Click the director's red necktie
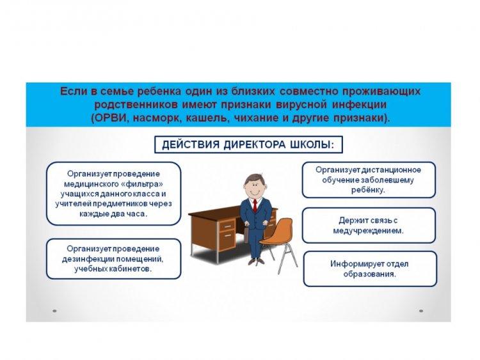click(255, 205)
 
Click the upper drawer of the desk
click(227, 226)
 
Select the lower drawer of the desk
click(227, 240)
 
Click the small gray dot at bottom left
click(55, 311)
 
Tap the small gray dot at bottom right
click(421, 311)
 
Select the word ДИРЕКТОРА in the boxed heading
click(254, 145)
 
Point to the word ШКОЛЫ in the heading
click(311, 145)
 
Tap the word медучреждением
click(368, 231)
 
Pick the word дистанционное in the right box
click(392, 169)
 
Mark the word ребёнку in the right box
click(368, 190)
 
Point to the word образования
click(369, 274)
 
